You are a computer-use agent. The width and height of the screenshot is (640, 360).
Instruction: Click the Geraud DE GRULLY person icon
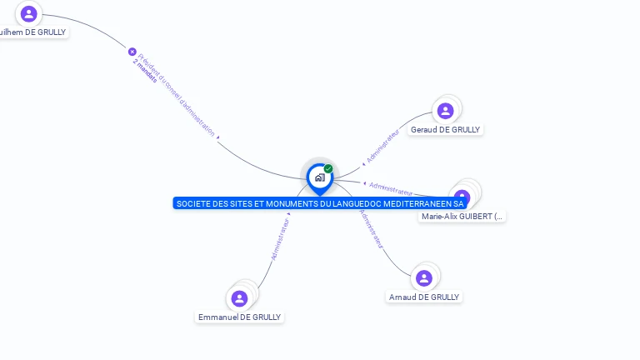pyautogui.click(x=445, y=111)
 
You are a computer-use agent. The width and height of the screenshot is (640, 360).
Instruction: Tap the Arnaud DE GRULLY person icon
pyautogui.click(x=423, y=278)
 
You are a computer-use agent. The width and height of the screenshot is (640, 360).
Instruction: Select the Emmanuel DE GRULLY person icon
pyautogui.click(x=239, y=298)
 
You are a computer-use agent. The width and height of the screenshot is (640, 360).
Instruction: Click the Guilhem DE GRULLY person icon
pyautogui.click(x=29, y=13)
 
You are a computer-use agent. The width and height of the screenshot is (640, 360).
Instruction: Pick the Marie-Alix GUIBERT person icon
pyautogui.click(x=462, y=197)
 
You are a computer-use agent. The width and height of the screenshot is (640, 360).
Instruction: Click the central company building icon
pyautogui.click(x=319, y=177)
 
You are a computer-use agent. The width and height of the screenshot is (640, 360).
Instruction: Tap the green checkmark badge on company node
pyautogui.click(x=328, y=169)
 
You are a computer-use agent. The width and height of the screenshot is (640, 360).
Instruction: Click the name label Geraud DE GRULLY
pyautogui.click(x=446, y=130)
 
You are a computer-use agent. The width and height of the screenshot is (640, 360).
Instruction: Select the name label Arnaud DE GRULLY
pyautogui.click(x=424, y=297)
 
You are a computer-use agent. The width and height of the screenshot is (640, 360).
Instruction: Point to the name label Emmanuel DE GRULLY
pyautogui.click(x=240, y=317)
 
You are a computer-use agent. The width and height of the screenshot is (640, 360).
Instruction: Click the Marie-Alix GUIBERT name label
pyautogui.click(x=462, y=217)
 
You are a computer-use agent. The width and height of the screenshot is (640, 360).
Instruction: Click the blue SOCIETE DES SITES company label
pyautogui.click(x=319, y=203)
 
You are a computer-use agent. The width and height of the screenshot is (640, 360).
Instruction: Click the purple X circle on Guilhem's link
pyautogui.click(x=132, y=52)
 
